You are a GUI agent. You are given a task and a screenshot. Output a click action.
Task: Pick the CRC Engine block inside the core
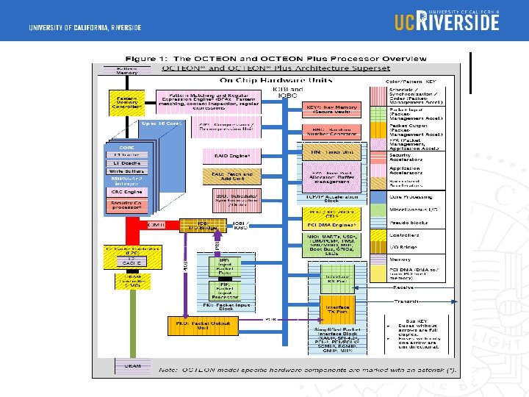pyautogui.click(x=126, y=191)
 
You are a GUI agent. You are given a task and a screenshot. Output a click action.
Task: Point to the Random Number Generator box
pyautogui.click(x=332, y=132)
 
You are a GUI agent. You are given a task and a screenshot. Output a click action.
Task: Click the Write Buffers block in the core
pyautogui.click(x=126, y=171)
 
